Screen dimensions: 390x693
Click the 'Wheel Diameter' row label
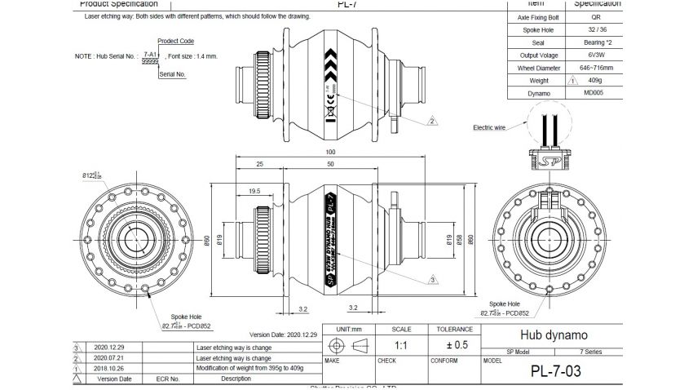[539, 68]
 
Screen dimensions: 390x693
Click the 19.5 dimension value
[254, 190]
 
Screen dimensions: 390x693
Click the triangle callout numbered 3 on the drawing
[432, 279]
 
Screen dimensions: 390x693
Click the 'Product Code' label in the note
[175, 41]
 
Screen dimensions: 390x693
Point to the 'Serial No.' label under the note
[173, 74]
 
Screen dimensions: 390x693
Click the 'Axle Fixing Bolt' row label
[539, 16]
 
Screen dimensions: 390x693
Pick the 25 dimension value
[259, 166]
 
